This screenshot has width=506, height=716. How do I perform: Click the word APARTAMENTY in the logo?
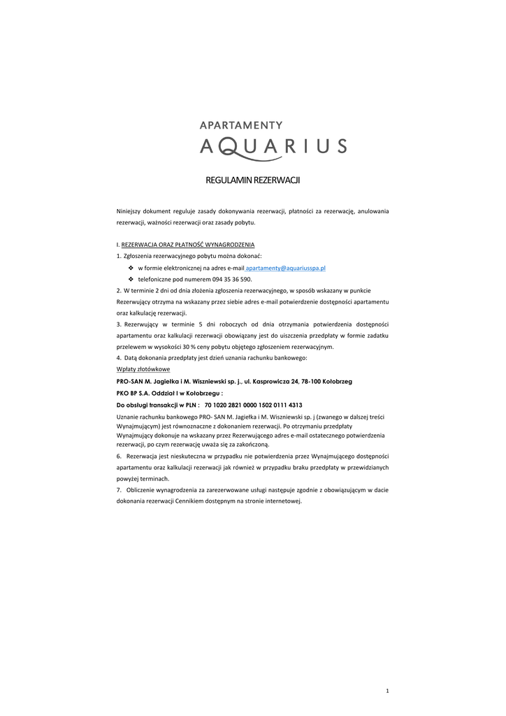click(241, 125)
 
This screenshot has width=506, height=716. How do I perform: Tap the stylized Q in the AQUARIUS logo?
click(229, 146)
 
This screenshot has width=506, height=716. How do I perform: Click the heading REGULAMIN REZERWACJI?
click(252, 181)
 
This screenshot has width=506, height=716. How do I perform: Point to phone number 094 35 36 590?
click(234, 279)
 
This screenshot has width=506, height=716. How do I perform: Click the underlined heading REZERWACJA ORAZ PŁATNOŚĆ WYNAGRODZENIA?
click(188, 245)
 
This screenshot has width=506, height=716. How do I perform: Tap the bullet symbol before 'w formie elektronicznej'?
click(131, 268)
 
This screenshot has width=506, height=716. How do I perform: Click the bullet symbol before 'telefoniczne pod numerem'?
click(131, 279)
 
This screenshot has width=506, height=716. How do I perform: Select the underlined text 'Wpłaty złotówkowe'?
click(143, 369)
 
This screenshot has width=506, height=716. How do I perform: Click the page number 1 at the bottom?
click(387, 691)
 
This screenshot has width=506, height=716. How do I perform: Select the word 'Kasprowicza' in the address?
click(275, 381)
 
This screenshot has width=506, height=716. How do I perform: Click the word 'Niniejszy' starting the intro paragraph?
click(129, 211)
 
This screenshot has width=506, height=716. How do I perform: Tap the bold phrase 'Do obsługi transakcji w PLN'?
click(157, 405)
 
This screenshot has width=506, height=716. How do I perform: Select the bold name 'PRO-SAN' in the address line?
click(129, 381)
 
